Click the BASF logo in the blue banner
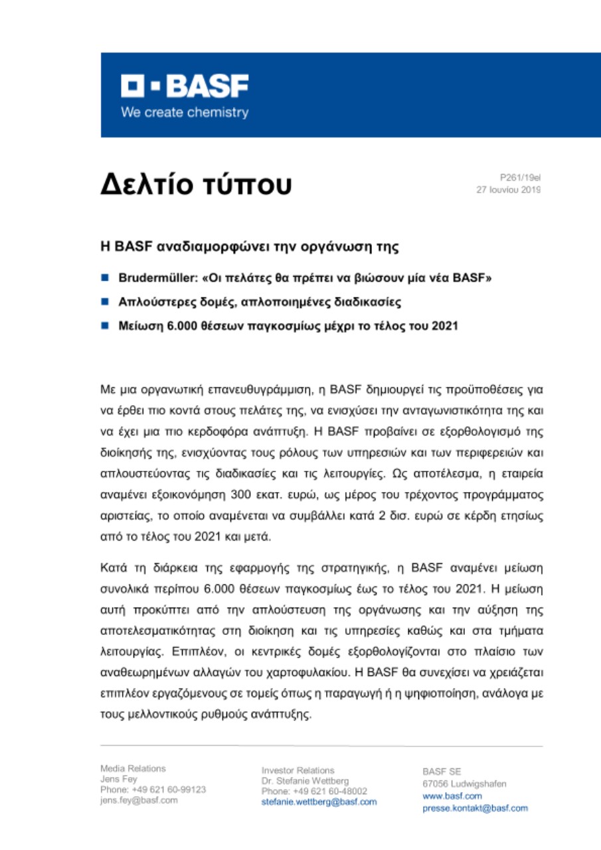(184, 86)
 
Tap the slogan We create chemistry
(184, 112)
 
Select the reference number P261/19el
(521, 178)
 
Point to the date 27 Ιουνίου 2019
(508, 189)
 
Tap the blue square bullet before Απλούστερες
(105, 301)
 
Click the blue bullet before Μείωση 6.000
(105, 327)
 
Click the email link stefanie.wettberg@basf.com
(319, 802)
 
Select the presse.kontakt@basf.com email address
(475, 808)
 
